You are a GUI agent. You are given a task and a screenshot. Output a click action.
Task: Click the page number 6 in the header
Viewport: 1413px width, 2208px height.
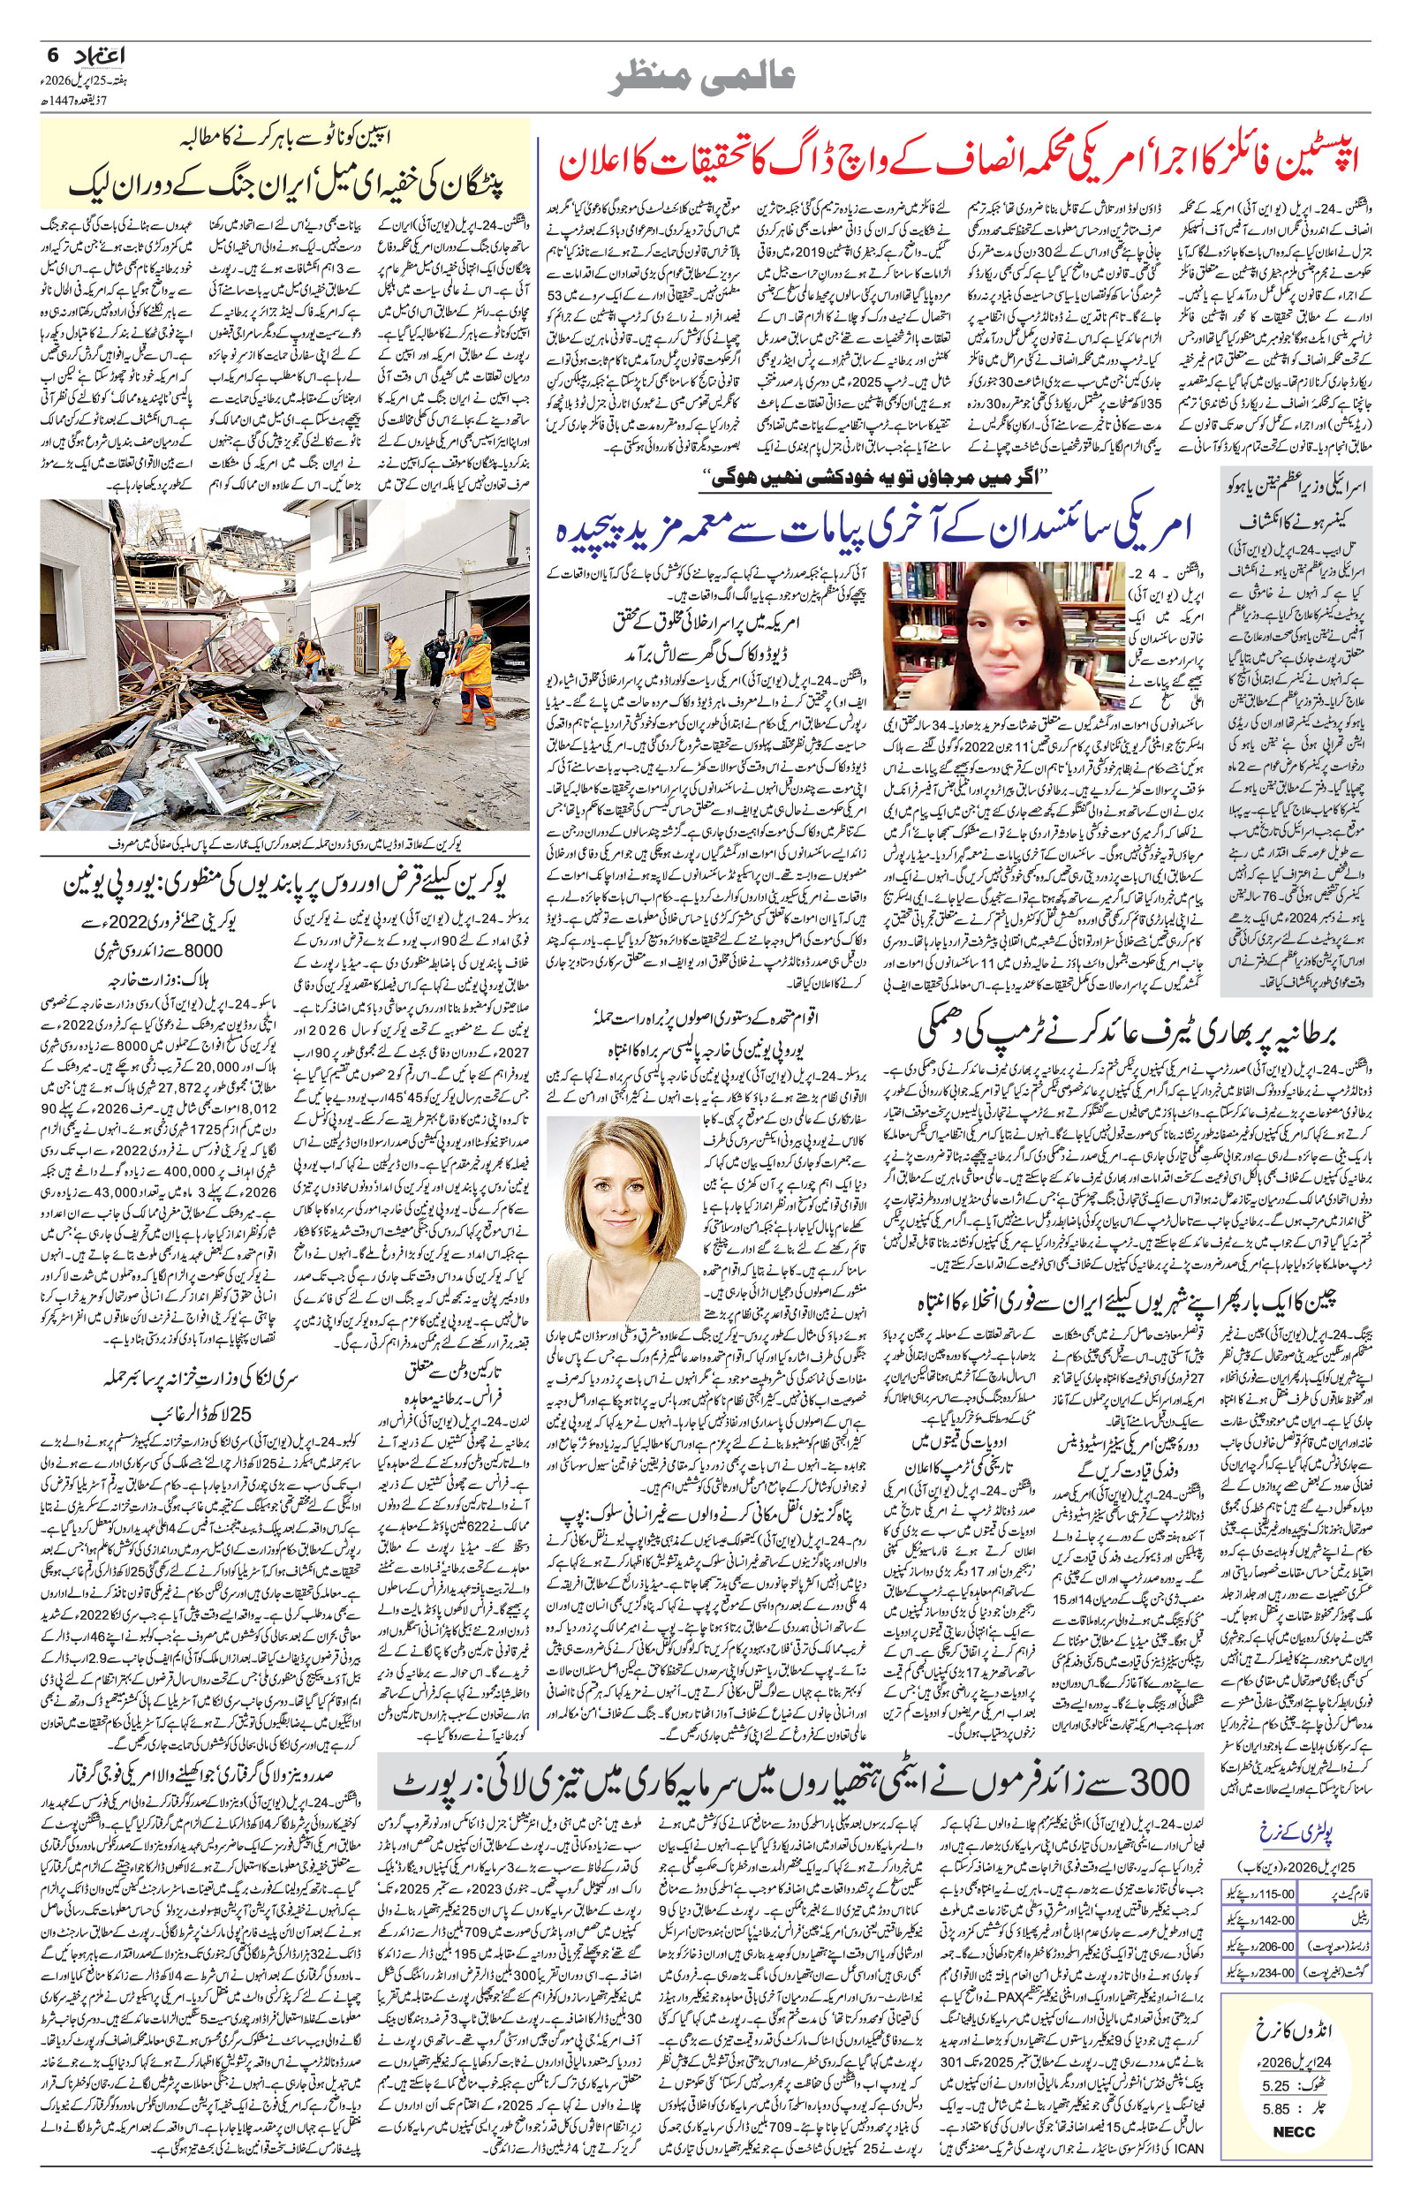(50, 54)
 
